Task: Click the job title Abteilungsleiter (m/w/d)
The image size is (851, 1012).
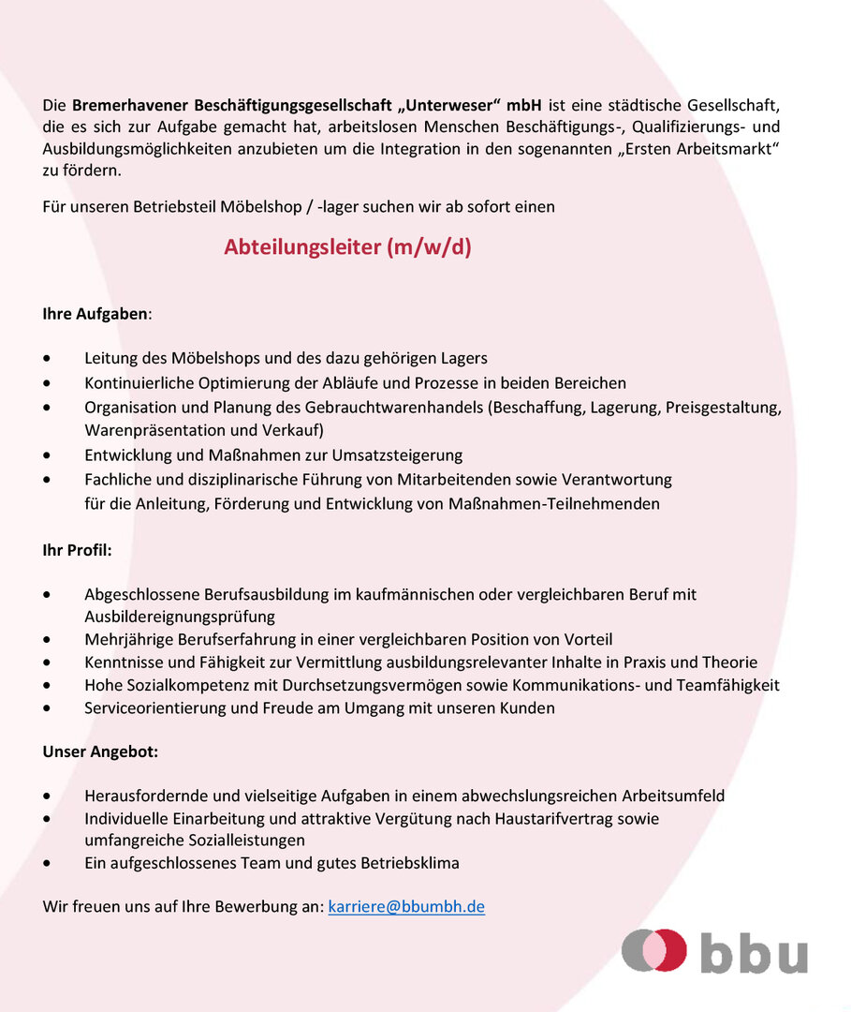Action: click(x=347, y=248)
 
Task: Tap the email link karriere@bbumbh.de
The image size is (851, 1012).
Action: click(x=406, y=906)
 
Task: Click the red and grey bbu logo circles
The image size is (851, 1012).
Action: click(x=654, y=950)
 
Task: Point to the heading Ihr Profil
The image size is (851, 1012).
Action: click(x=77, y=550)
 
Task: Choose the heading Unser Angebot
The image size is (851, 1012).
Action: click(x=100, y=752)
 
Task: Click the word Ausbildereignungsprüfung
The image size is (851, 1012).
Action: click(x=180, y=617)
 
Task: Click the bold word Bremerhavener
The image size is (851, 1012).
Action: click(x=130, y=103)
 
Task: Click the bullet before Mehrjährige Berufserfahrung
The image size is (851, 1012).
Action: click(x=48, y=640)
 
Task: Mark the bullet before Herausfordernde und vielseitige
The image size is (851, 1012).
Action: click(x=48, y=796)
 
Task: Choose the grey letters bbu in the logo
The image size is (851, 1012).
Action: click(x=753, y=952)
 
